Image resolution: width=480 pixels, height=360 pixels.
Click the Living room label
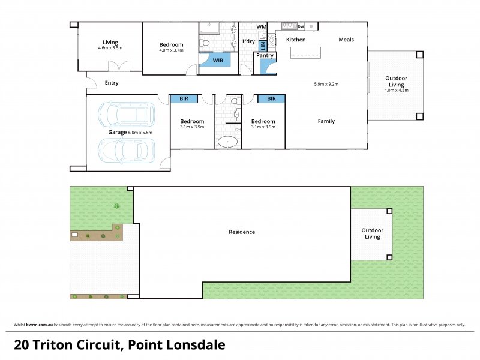tap(110, 43)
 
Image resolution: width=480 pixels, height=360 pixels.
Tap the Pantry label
tap(265, 56)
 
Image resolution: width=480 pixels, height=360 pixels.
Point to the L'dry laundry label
tap(248, 41)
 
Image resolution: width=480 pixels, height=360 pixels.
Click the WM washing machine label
tap(261, 27)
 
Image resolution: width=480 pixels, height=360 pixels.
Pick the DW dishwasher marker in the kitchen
tap(301, 26)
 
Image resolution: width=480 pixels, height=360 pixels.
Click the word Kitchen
tap(296, 40)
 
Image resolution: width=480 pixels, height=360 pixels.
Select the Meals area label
tap(346, 40)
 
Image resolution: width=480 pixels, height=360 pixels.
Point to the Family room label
tap(326, 121)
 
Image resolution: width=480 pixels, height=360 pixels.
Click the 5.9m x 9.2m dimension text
tap(326, 84)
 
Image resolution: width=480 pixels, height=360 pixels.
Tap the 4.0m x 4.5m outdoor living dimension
tap(396, 91)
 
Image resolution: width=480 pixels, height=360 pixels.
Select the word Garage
tap(117, 132)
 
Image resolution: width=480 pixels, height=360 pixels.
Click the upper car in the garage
tap(127, 113)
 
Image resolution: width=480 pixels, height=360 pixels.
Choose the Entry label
tap(112, 83)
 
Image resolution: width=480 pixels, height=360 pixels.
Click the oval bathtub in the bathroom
tap(227, 143)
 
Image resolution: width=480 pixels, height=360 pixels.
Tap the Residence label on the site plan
tap(242, 232)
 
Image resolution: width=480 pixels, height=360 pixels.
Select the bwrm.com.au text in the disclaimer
tap(39, 325)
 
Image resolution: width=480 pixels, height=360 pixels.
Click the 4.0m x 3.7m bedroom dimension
tap(171, 50)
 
